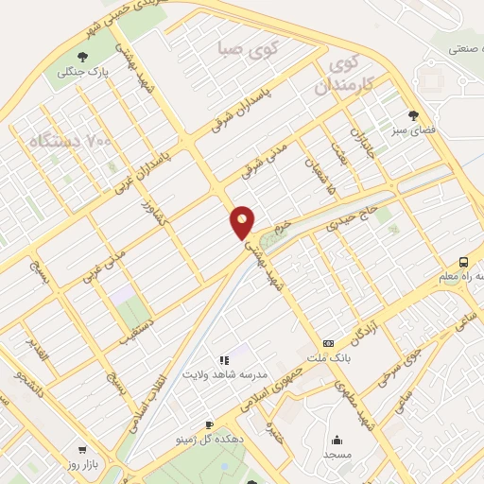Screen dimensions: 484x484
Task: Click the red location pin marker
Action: [243, 221]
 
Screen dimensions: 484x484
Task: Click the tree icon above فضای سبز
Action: [413, 115]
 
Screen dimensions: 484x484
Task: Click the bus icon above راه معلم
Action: [463, 262]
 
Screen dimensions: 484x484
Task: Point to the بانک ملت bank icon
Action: [328, 342]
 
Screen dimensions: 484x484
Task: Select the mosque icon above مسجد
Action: [337, 440]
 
